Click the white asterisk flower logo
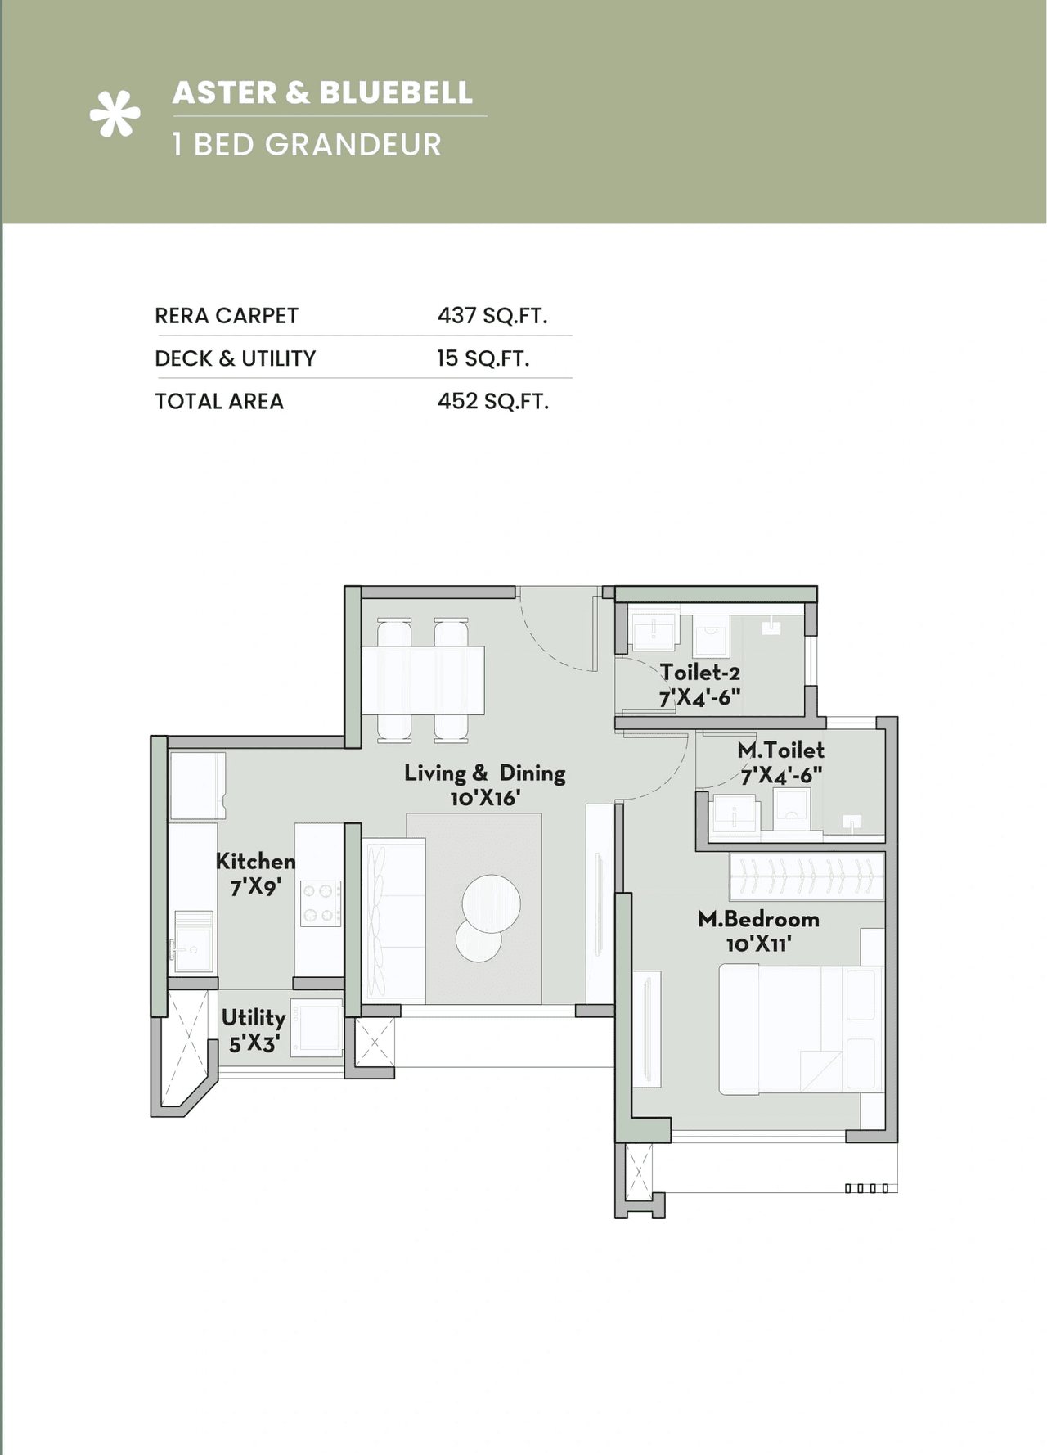coord(115,114)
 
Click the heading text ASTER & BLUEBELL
coord(322,92)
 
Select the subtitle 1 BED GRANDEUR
coord(307,145)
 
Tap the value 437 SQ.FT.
coord(492,316)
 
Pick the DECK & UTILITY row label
coord(235,358)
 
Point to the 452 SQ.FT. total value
coord(492,401)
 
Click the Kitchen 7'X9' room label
coord(255,874)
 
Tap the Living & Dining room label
coord(484,785)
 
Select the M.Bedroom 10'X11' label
coord(758,931)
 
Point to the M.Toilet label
coord(780,762)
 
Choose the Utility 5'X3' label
coord(254,1029)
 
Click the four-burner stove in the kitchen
coord(320,903)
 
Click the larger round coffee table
coord(491,903)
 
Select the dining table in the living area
coord(423,680)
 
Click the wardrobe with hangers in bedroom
coord(806,876)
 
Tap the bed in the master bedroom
coord(800,1029)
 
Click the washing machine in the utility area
coord(317,1028)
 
